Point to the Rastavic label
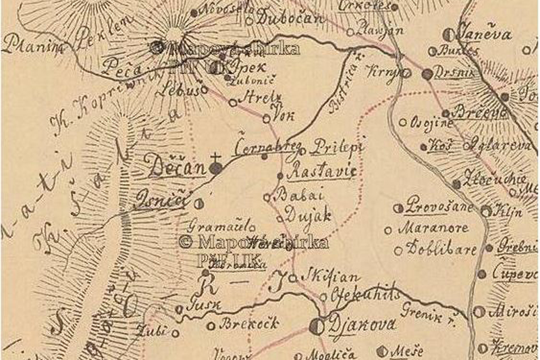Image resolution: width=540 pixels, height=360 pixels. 321,173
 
